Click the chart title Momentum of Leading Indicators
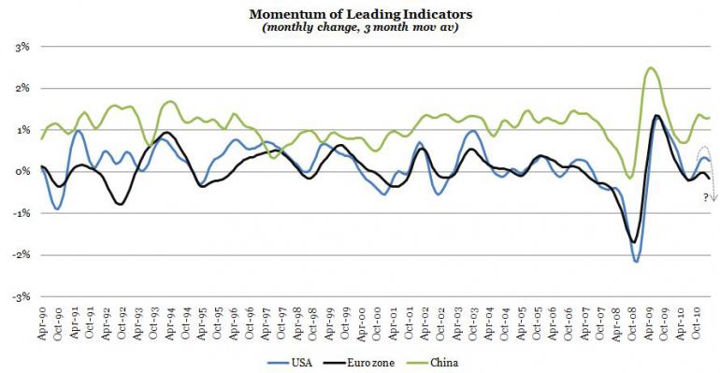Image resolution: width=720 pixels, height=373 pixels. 360,14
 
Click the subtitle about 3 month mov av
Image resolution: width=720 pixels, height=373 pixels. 360,27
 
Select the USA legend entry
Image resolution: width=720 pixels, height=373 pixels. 290,363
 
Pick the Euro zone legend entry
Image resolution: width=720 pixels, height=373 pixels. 359,363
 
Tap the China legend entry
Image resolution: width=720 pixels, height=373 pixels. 433,363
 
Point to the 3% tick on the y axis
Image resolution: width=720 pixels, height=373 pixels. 22,47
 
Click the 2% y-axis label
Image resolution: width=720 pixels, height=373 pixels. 22,89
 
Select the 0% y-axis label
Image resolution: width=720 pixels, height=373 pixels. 22,172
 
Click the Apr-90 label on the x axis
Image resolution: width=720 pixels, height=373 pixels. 43,323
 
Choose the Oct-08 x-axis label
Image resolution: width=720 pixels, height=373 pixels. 632,323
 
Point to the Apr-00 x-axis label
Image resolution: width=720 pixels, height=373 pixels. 361,323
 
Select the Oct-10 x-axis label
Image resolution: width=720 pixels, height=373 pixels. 696,323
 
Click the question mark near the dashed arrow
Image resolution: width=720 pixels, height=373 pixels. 706,198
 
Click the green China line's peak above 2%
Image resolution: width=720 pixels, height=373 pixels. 650,68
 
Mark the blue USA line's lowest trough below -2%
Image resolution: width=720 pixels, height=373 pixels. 636,262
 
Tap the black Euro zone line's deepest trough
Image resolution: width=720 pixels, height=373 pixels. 634,242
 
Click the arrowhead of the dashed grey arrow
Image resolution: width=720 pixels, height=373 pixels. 714,198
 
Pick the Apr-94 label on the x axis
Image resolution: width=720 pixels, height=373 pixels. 170,323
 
